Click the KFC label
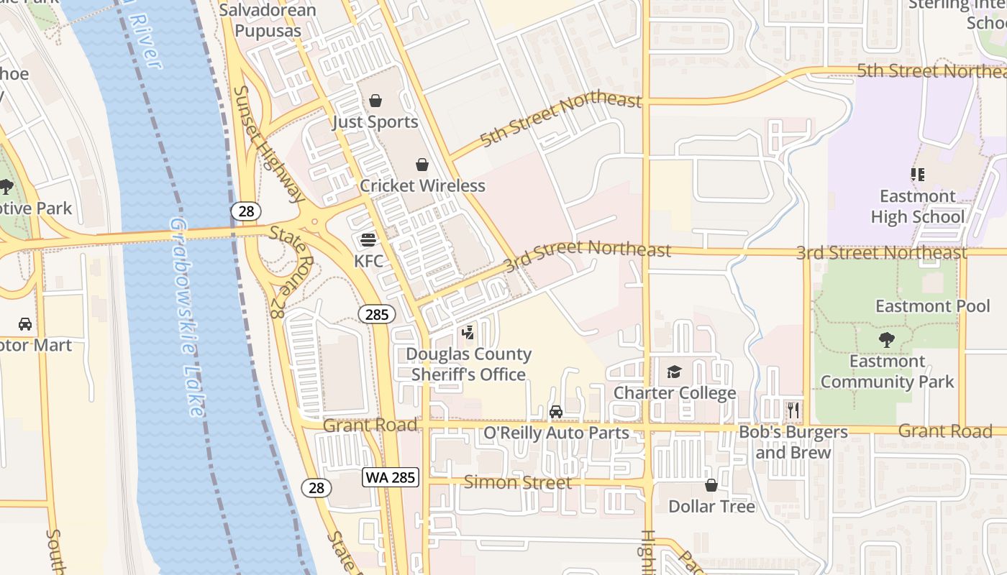(x=368, y=260)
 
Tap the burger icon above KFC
(x=368, y=239)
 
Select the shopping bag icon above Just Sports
(x=375, y=101)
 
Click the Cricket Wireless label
(x=422, y=185)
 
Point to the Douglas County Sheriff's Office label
(x=468, y=364)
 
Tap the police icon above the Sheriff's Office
(x=468, y=333)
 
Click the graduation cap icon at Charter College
(x=674, y=372)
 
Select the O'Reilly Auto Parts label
(x=556, y=433)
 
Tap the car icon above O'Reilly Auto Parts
(x=556, y=412)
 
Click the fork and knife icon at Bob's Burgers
(x=793, y=410)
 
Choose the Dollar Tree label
(x=711, y=506)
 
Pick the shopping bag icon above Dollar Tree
(x=711, y=485)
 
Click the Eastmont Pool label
(x=932, y=306)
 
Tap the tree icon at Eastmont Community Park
(x=887, y=340)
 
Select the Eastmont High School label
(x=917, y=206)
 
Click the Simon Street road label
(x=517, y=482)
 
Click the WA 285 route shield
(x=391, y=477)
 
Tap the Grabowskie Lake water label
(x=186, y=316)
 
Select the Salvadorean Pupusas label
(x=268, y=21)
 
